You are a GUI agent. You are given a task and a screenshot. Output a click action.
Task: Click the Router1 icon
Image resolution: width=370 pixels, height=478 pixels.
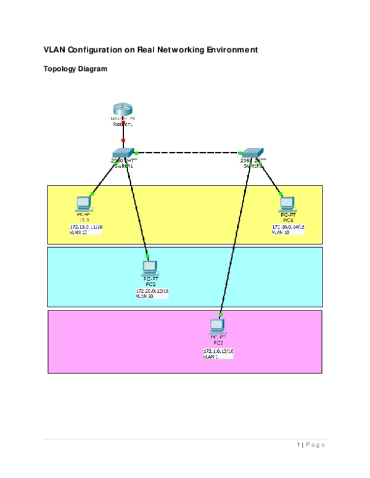(123, 110)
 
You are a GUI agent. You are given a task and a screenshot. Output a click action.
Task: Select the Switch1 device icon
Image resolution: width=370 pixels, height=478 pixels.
(123, 152)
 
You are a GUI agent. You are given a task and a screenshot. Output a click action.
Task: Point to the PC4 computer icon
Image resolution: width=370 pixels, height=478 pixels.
(287, 204)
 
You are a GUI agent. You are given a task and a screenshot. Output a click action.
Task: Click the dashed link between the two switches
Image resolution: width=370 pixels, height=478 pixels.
(188, 153)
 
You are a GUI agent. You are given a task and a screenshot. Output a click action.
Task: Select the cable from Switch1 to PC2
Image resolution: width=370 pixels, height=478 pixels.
(137, 209)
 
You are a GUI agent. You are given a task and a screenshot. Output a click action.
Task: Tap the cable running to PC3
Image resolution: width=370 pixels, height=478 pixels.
(235, 240)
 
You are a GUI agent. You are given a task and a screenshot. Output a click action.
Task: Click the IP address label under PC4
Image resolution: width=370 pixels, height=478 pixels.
(289, 227)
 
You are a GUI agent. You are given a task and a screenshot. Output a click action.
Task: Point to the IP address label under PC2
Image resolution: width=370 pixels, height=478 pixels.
(152, 291)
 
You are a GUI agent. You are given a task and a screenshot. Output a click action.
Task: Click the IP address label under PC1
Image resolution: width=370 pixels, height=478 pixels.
(86, 227)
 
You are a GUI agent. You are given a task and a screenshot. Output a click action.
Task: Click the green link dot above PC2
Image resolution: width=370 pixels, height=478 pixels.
(147, 256)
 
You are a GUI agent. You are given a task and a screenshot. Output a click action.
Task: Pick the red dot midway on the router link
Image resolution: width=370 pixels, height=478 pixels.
(123, 140)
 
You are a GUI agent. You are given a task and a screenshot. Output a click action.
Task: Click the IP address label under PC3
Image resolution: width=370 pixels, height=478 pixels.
(218, 351)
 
